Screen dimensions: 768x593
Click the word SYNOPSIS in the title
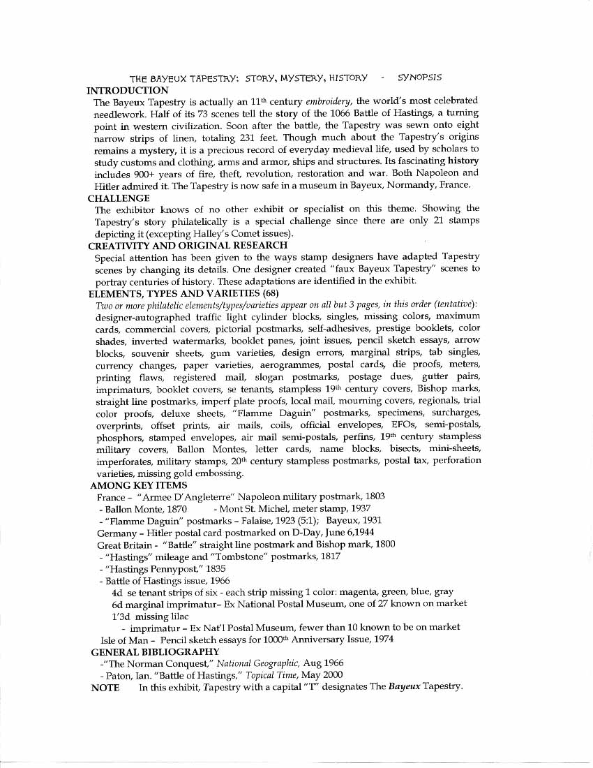pos(419,77)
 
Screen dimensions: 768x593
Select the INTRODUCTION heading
pos(127,90)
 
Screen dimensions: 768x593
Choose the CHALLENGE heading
pos(119,198)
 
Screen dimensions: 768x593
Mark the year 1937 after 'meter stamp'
pos(359,509)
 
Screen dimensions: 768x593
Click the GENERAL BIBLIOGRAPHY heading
pos(156,651)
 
